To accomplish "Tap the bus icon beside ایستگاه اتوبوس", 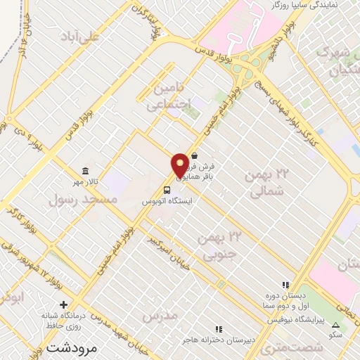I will pos(167,189).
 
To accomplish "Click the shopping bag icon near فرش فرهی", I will pos(194,156).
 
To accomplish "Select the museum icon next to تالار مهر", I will pos(85,171).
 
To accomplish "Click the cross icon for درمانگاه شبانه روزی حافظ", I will pos(64,304).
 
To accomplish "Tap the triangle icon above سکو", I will pos(335,325).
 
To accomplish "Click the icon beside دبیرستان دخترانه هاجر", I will pos(219,328).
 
